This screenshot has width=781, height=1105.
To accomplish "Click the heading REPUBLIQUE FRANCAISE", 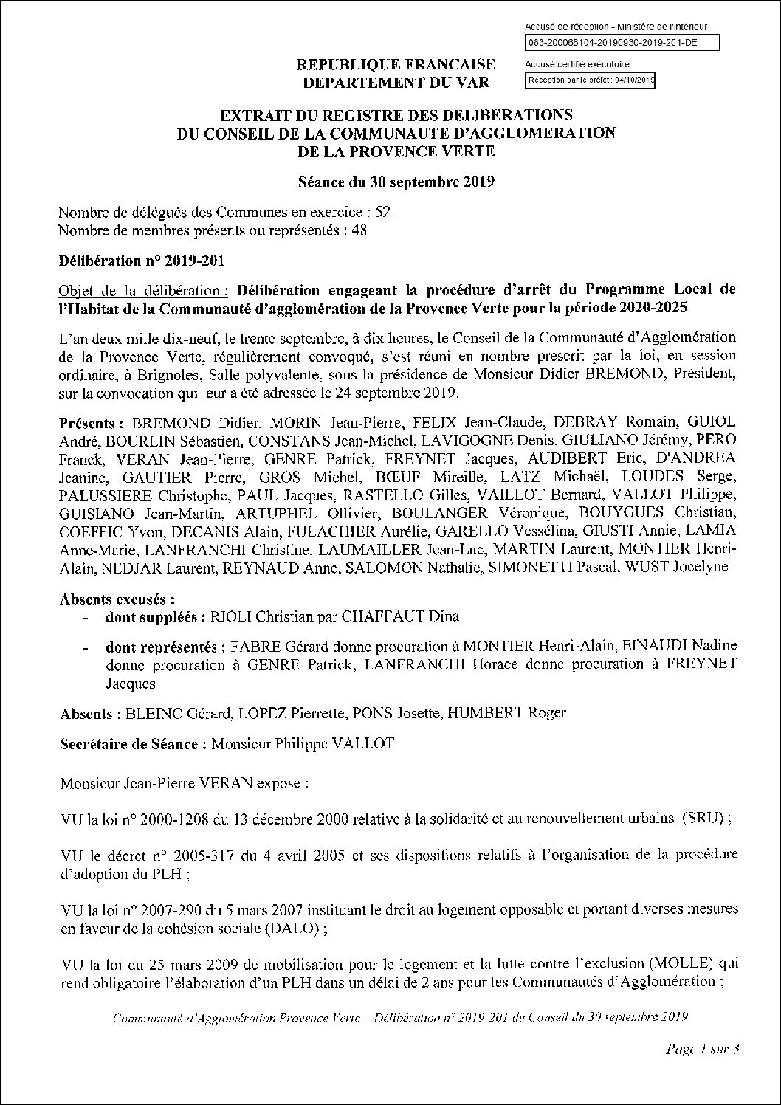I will pos(396,65).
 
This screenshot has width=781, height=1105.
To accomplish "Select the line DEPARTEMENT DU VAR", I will pos(396,82).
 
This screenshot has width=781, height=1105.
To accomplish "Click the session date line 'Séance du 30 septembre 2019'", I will pos(396,182).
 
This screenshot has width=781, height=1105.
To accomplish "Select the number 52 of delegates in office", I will pos(382,213).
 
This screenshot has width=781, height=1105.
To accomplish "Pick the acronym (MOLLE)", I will pos(691,964).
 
